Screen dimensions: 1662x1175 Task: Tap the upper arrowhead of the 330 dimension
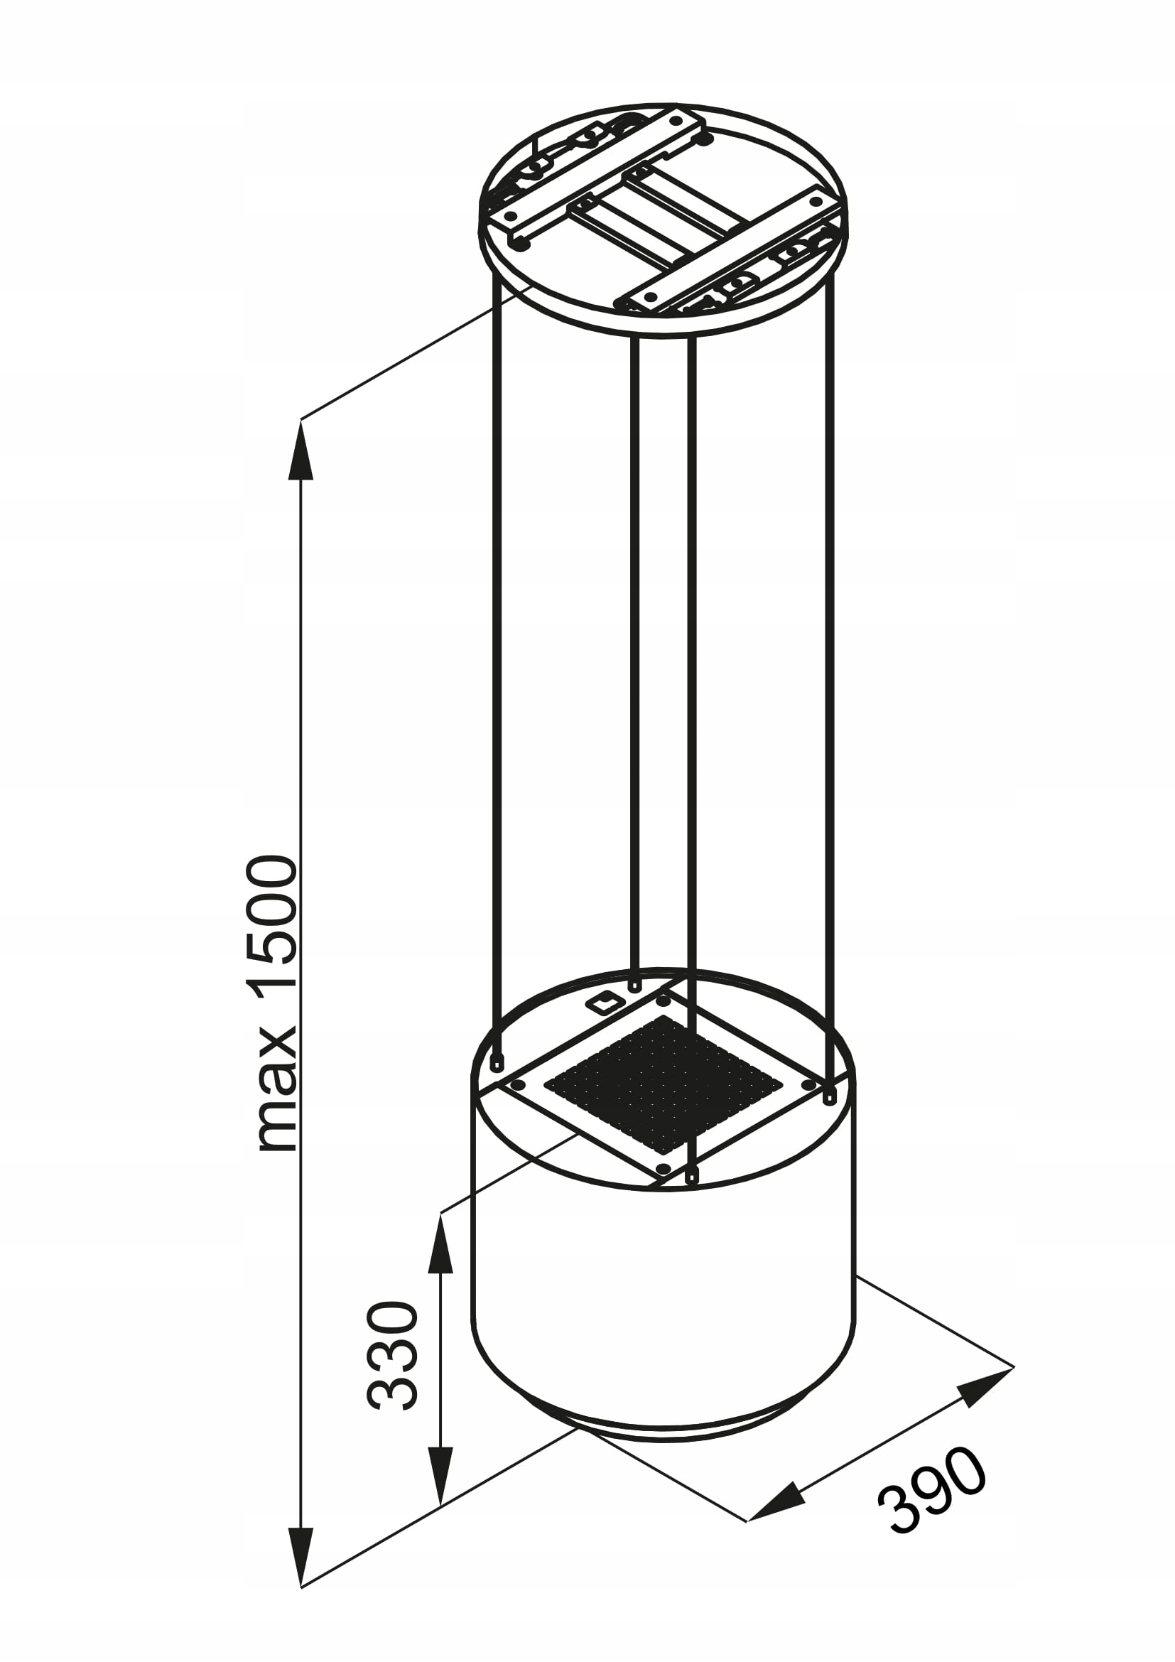(440, 1246)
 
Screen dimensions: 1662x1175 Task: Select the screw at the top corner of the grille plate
(663, 1001)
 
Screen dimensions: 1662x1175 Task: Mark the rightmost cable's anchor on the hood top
(830, 1118)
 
